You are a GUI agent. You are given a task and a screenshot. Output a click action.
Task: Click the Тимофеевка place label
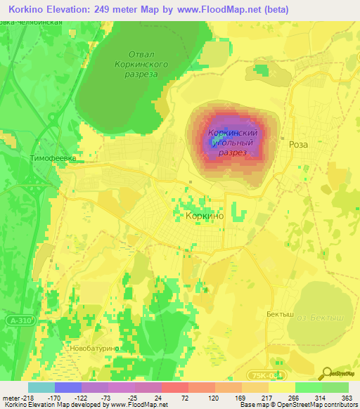(53, 159)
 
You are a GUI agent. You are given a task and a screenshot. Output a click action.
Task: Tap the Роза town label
(298, 143)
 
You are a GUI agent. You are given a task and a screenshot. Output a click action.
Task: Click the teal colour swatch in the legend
(41, 387)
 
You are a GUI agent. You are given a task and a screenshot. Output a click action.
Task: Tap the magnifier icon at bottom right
(328, 372)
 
